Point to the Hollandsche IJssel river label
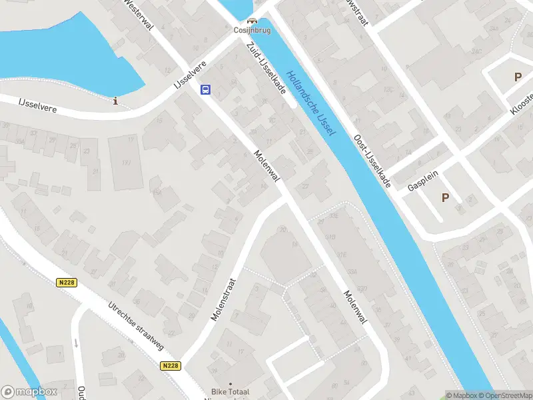click(x=312, y=103)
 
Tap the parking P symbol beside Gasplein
click(x=445, y=197)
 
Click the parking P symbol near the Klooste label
click(x=518, y=77)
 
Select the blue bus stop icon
click(x=206, y=89)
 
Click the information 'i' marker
click(x=117, y=101)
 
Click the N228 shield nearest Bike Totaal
click(x=171, y=365)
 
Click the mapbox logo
click(x=28, y=392)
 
